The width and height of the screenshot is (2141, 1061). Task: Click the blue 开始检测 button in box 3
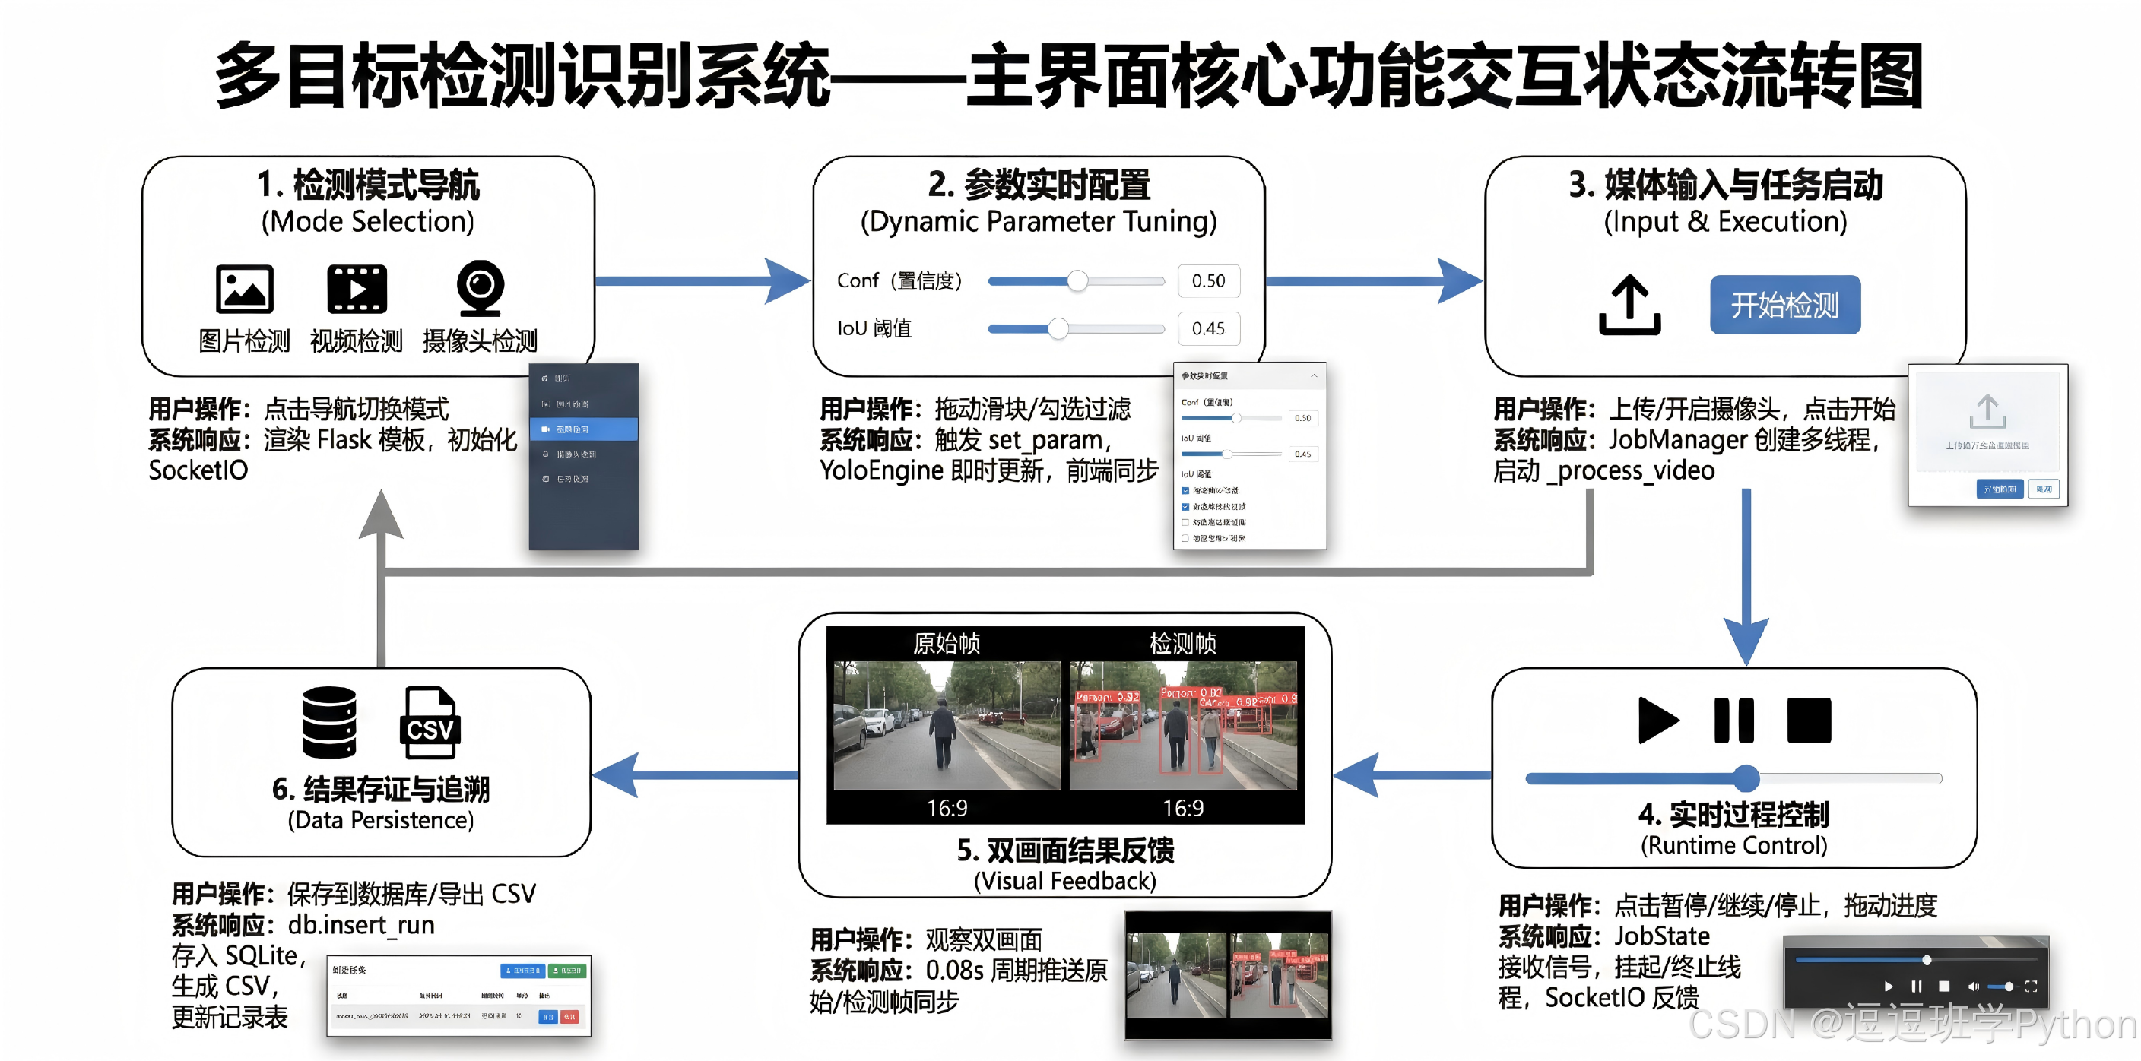[x=1784, y=305]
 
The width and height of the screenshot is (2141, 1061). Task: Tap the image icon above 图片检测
[x=244, y=289]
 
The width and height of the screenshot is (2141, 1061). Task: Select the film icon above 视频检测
[x=357, y=289]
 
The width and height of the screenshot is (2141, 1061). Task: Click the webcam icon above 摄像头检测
[x=480, y=287]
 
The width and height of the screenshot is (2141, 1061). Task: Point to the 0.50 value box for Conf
[x=1207, y=280]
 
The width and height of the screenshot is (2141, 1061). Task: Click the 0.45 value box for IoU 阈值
[x=1207, y=328]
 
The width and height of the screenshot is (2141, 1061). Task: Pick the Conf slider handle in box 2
[x=1077, y=280]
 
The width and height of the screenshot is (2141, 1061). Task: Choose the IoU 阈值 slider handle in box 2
[x=1058, y=328]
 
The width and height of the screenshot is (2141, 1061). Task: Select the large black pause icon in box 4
[x=1733, y=721]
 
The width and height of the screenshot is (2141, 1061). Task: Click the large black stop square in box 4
[x=1809, y=721]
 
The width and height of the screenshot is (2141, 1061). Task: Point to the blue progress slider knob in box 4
[x=1746, y=778]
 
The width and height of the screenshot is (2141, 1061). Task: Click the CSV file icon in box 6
[x=430, y=723]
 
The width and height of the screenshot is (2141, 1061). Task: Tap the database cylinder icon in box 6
[x=329, y=723]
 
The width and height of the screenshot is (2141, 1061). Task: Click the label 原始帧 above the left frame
[x=947, y=643]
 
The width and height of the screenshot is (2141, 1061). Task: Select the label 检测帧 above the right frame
[x=1183, y=643]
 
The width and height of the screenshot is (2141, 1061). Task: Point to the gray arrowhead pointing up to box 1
[x=381, y=515]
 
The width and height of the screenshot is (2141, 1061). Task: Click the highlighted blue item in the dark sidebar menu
[x=583, y=429]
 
